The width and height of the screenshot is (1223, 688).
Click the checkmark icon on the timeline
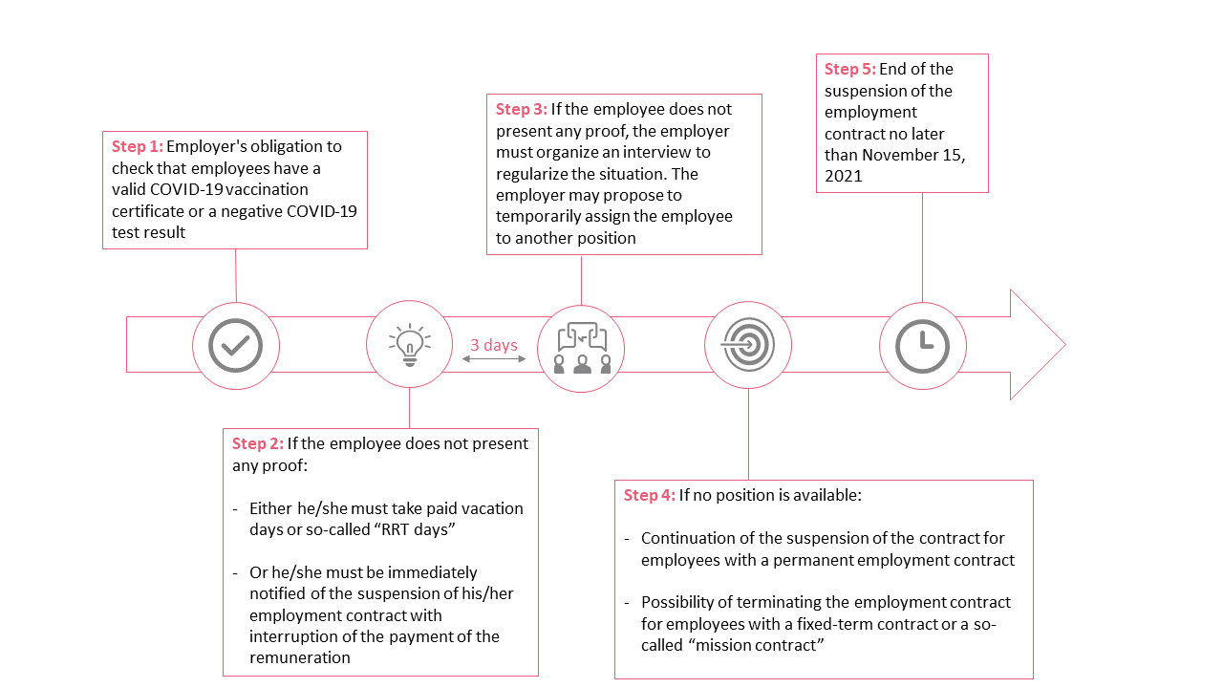(x=236, y=346)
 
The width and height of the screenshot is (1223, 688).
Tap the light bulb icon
(x=410, y=345)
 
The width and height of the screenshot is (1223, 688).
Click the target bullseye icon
(x=748, y=345)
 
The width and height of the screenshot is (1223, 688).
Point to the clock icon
(x=923, y=346)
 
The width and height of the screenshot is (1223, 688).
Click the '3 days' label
(x=494, y=345)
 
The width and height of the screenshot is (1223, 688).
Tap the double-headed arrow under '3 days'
(x=494, y=358)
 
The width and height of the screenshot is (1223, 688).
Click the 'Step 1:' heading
(x=137, y=146)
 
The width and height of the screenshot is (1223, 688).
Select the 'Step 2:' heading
(x=258, y=443)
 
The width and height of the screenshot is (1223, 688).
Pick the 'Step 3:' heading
(x=522, y=109)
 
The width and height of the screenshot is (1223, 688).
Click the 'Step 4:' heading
(x=649, y=495)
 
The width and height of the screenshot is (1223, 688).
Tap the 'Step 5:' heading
(x=850, y=69)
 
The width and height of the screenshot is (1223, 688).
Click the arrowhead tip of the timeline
(x=1065, y=345)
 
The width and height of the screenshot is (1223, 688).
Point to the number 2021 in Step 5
(x=843, y=176)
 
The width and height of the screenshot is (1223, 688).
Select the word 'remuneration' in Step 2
(x=300, y=657)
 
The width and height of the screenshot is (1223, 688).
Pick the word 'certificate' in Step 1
(x=148, y=211)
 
